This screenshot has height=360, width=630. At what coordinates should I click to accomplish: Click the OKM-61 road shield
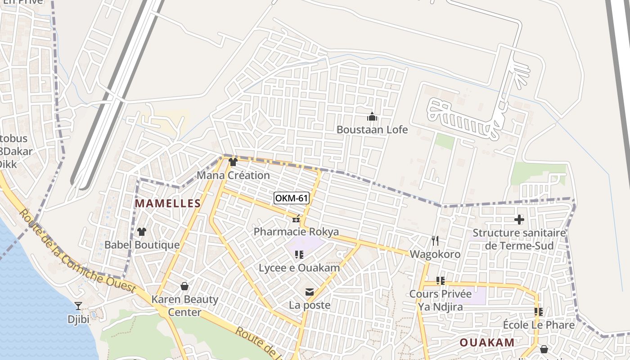tap(292, 198)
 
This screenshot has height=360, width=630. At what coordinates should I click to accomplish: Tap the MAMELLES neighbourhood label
tap(168, 203)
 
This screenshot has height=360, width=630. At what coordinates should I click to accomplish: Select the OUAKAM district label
tap(487, 342)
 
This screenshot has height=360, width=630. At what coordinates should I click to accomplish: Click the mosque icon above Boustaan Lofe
tap(372, 117)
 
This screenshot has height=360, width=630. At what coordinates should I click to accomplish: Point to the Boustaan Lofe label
tap(372, 130)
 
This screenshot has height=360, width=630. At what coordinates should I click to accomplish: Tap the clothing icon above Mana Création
tap(233, 162)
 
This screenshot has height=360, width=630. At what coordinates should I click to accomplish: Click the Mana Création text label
tap(233, 175)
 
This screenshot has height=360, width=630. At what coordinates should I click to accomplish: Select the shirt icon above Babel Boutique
tap(142, 232)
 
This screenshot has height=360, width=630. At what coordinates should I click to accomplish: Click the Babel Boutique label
tap(142, 245)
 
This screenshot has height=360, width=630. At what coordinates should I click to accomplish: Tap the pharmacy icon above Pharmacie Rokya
tap(296, 219)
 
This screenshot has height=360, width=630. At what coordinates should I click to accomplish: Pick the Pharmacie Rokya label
tap(296, 232)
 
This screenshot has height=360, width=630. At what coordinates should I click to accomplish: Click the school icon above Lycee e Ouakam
tap(299, 255)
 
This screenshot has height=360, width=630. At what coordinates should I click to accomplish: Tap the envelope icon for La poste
tap(310, 292)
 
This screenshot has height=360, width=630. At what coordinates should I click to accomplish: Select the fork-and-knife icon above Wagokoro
tap(435, 241)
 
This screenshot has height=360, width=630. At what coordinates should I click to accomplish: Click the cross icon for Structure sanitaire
tap(519, 220)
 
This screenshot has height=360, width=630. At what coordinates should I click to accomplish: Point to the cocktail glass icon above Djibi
tap(78, 306)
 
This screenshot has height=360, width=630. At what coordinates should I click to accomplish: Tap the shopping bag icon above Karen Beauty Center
tap(184, 286)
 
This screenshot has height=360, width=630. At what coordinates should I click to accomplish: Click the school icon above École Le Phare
tap(538, 311)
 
